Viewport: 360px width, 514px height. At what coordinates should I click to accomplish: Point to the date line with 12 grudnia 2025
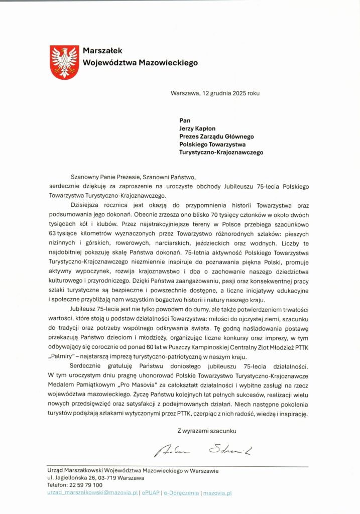click(x=215, y=93)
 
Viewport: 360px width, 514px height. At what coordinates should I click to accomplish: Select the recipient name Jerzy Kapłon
click(x=201, y=128)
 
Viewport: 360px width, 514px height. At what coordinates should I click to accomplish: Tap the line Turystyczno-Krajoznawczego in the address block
click(x=221, y=152)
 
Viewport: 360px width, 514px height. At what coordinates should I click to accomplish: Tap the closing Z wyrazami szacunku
click(x=206, y=430)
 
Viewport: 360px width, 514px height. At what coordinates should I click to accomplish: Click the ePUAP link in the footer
click(x=151, y=493)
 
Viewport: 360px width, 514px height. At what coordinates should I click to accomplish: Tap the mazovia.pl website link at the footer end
click(x=217, y=493)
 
